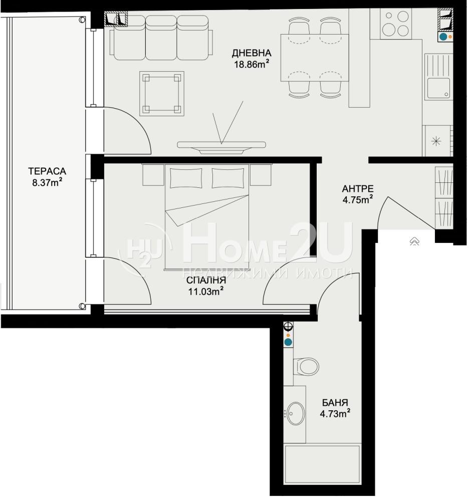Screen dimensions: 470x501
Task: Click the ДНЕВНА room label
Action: [x=252, y=53]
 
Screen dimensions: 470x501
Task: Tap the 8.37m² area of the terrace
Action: [x=47, y=183]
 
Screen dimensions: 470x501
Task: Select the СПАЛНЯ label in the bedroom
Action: [x=206, y=280]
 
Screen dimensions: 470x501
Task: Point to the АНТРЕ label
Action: [x=358, y=188]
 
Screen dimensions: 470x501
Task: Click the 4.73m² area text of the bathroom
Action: [x=335, y=414]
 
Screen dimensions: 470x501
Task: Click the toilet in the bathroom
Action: [x=306, y=366]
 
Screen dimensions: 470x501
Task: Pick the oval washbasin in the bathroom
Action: [x=295, y=413]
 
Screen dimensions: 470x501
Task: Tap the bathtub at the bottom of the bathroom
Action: [x=322, y=464]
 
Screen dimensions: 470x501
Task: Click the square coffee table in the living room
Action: [x=162, y=94]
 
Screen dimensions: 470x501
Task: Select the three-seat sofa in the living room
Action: [x=161, y=38]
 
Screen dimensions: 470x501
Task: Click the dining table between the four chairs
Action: [x=314, y=58]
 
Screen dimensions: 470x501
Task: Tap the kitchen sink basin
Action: [x=438, y=88]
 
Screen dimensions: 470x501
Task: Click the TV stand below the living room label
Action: [x=221, y=147]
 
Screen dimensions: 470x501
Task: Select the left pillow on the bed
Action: [x=186, y=178]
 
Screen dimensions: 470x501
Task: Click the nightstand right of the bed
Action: [x=261, y=175]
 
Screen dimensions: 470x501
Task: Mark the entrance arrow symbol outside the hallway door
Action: [x=414, y=241]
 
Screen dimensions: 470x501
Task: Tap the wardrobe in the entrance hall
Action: [x=444, y=197]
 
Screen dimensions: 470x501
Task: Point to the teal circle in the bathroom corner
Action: [x=288, y=342]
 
